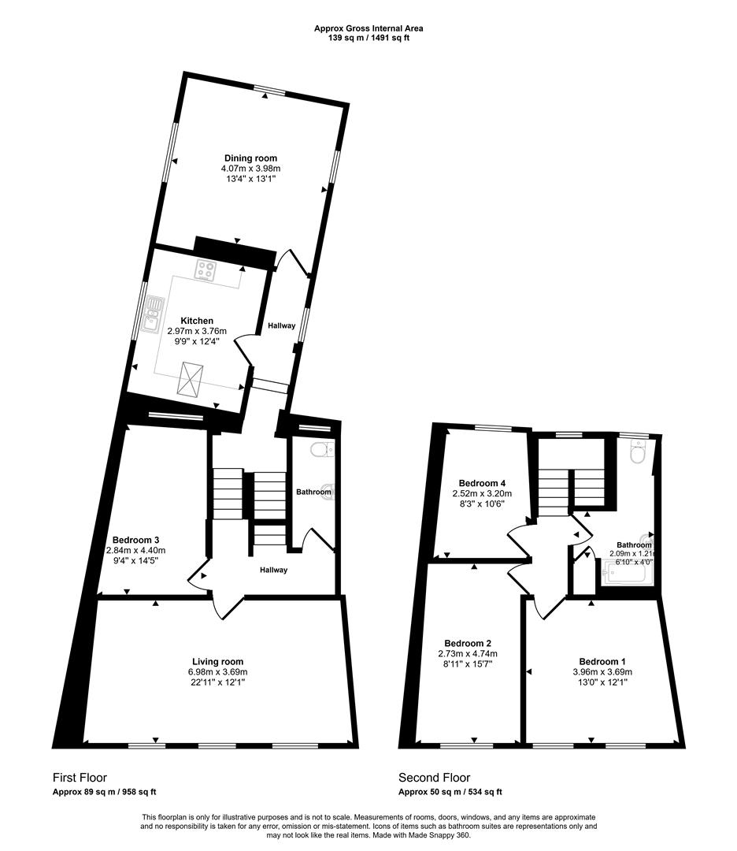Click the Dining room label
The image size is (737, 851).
click(x=250, y=158)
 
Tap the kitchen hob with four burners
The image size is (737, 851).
click(x=207, y=270)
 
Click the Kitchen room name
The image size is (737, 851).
click(x=197, y=321)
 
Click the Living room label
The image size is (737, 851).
click(x=218, y=661)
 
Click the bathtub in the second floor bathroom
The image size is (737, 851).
click(x=627, y=576)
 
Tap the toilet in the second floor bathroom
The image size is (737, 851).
click(x=639, y=453)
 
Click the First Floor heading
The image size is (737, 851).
click(x=80, y=778)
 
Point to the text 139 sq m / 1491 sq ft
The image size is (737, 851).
click(x=368, y=37)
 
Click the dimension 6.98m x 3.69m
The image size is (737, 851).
click(x=218, y=671)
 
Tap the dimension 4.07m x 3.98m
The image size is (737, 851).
click(x=250, y=169)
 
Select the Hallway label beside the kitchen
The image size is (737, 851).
click(x=281, y=325)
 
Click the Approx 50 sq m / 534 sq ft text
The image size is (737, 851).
click(x=450, y=792)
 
